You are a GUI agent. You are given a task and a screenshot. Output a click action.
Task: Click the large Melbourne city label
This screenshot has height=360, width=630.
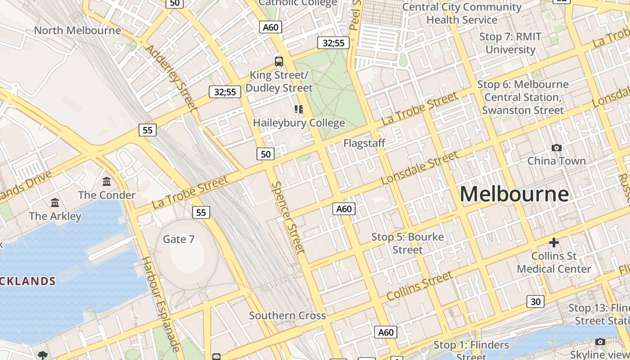[x=514, y=194]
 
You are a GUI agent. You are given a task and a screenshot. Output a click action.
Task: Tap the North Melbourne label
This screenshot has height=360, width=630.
[x=77, y=31]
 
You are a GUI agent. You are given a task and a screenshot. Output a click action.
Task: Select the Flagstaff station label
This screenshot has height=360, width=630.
[x=364, y=144]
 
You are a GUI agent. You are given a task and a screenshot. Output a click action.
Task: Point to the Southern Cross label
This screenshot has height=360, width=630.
[x=288, y=315]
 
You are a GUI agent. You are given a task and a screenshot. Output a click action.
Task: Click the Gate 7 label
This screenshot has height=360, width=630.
[x=179, y=239]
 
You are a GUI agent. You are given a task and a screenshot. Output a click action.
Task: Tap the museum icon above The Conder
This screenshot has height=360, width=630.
[x=107, y=182]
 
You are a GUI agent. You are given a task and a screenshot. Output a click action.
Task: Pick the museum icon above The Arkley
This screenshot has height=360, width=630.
[x=55, y=203]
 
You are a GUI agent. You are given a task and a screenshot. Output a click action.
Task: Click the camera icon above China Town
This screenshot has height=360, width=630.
[x=557, y=148]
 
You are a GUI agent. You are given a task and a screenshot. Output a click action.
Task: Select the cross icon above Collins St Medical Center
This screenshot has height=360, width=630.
[x=553, y=243]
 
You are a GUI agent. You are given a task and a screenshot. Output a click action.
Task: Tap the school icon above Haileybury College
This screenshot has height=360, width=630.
[x=299, y=109]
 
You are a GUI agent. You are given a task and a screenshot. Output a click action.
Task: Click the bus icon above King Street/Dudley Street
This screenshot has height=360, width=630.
[x=279, y=62]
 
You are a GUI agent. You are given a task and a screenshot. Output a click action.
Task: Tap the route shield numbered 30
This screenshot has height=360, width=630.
[x=535, y=301]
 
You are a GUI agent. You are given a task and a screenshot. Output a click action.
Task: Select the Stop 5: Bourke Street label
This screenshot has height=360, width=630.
[x=407, y=243]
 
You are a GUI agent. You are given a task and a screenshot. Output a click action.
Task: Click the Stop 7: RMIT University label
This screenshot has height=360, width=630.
[x=510, y=43]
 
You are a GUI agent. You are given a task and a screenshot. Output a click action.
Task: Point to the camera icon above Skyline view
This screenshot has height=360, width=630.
[x=600, y=342]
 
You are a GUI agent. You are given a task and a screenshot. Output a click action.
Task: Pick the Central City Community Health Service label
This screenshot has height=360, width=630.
[x=462, y=13]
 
